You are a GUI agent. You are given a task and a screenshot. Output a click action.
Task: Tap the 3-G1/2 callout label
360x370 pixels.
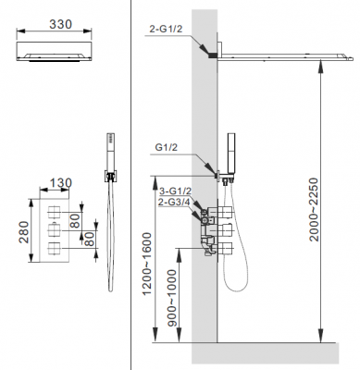click(173, 191)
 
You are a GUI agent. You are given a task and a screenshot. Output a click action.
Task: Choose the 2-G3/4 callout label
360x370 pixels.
click(173, 202)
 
